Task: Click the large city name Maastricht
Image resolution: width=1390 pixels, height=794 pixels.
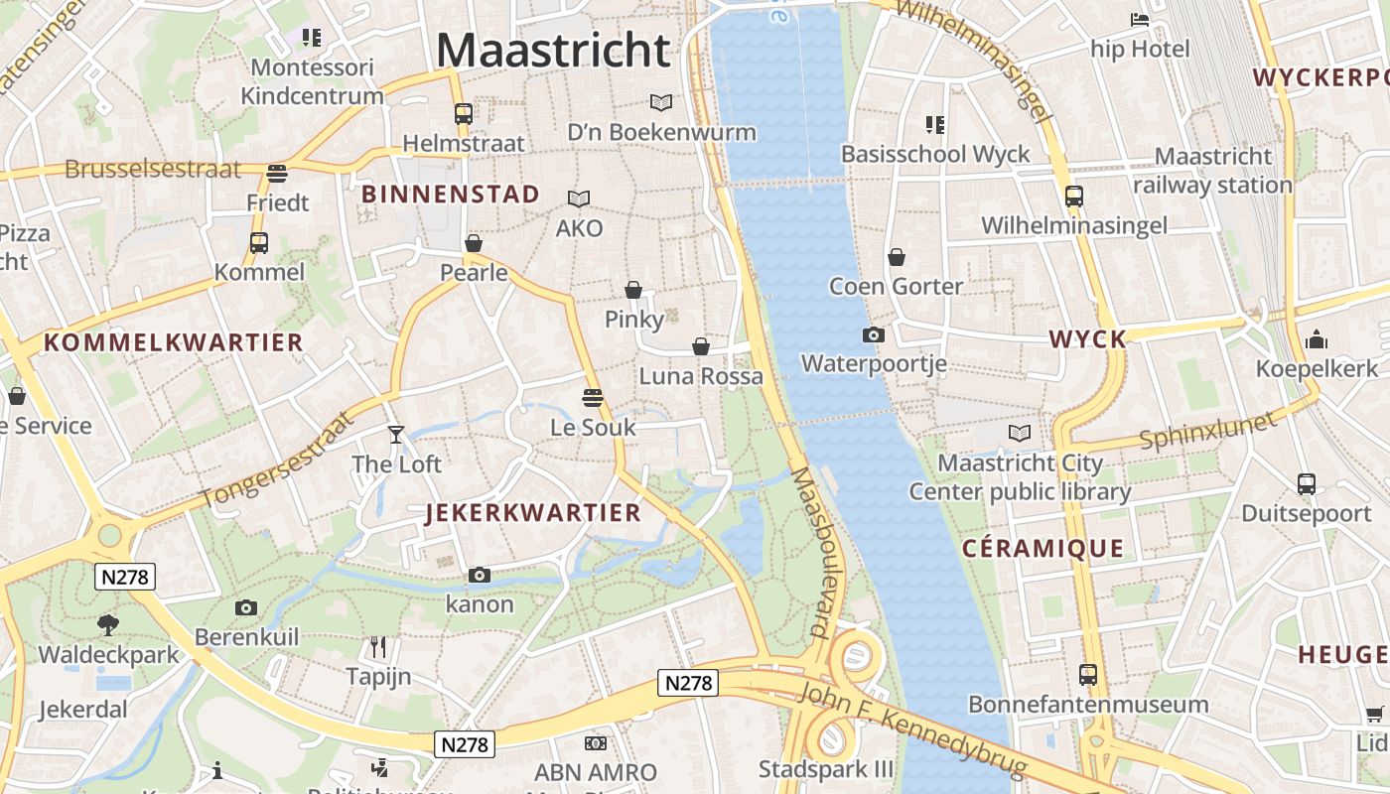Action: point(553,50)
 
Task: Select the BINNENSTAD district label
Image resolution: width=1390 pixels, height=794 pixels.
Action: point(451,194)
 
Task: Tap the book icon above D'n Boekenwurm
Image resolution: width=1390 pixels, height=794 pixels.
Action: point(661,102)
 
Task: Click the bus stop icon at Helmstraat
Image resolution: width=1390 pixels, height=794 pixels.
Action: point(463,113)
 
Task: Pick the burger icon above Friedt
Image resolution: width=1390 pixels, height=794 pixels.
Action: point(277,173)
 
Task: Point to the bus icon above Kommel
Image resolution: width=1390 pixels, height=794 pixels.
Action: point(259,242)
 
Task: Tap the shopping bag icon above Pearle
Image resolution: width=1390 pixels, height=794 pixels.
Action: point(474,243)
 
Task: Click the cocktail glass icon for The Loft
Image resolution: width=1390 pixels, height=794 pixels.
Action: point(396,434)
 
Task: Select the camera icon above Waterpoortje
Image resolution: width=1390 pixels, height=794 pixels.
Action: point(874,334)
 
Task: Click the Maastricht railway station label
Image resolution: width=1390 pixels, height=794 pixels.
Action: point(1212,171)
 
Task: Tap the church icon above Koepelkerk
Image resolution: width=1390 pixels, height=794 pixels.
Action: point(1317,339)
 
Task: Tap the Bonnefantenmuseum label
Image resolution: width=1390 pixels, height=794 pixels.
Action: point(1088,705)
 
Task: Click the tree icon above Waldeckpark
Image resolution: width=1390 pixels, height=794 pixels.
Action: point(108,625)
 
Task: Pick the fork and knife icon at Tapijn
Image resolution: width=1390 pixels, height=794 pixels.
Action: point(377,647)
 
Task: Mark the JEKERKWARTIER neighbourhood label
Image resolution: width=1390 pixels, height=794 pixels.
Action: point(533,513)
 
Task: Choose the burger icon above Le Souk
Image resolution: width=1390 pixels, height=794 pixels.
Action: point(593,398)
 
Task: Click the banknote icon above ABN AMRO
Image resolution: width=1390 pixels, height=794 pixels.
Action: point(596,742)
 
